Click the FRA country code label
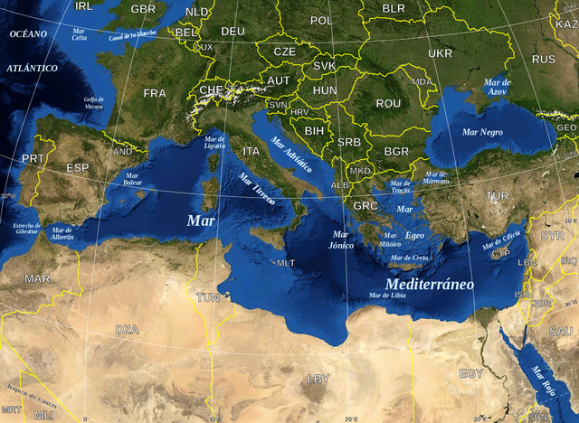click(x=155, y=93)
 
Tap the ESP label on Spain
click(x=78, y=168)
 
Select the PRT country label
click(x=33, y=158)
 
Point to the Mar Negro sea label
click(x=482, y=132)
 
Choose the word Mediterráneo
click(x=430, y=284)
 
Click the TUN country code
click(x=208, y=297)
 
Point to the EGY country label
click(x=470, y=373)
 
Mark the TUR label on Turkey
click(x=497, y=195)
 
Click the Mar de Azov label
click(x=498, y=87)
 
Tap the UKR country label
click(x=440, y=53)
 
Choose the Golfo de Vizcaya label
click(x=94, y=103)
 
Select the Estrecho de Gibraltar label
click(x=20, y=228)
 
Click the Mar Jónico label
click(x=342, y=240)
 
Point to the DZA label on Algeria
click(x=127, y=329)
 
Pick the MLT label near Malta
click(x=286, y=263)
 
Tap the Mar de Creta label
click(x=409, y=258)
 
